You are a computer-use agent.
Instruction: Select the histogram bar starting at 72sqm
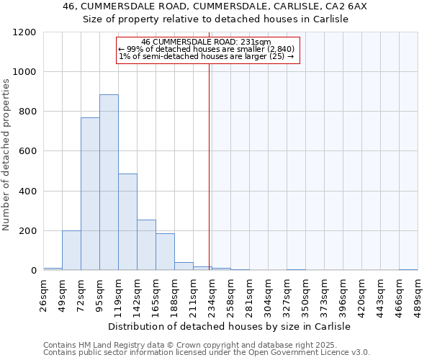coord(90,194)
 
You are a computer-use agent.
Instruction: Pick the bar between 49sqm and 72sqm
coord(71,251)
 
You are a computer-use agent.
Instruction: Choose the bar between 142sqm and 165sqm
coord(146,245)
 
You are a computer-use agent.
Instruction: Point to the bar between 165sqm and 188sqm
coord(165,252)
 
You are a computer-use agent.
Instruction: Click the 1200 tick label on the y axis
coord(24,32)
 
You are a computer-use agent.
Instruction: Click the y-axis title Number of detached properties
coord(7,155)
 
